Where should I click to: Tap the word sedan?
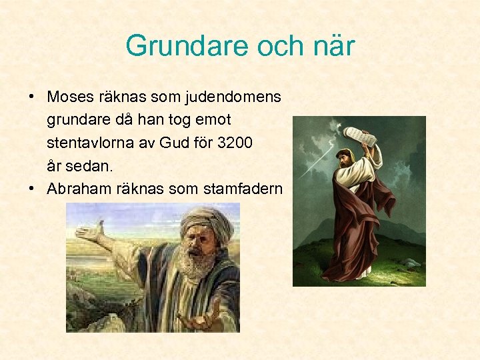pos(86,165)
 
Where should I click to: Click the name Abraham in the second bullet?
pos(79,189)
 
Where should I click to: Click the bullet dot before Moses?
pos(32,97)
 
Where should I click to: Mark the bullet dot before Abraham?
pos(32,189)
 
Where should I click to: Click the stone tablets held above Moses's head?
pos(360,137)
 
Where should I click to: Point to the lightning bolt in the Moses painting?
pos(313,163)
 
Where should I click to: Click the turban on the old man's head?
pos(206,223)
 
